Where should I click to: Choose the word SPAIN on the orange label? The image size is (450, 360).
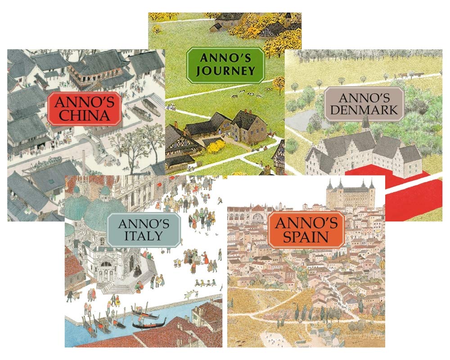tap(306, 236)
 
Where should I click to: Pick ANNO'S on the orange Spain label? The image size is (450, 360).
tap(306, 222)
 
